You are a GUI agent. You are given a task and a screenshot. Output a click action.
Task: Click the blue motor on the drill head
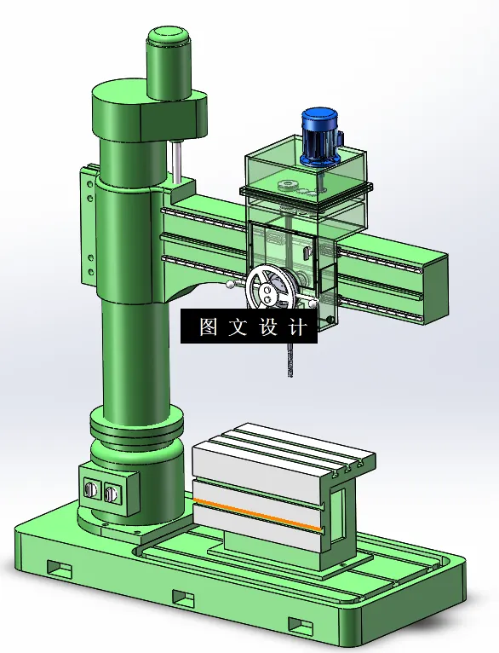click(321, 136)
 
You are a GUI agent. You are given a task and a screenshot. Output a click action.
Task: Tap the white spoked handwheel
click(272, 288)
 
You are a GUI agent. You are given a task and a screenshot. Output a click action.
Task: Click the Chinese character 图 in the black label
click(208, 326)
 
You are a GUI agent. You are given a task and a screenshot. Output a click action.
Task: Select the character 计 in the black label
click(298, 326)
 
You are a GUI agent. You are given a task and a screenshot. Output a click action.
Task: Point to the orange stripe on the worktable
click(257, 514)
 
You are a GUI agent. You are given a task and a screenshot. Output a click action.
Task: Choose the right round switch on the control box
click(111, 493)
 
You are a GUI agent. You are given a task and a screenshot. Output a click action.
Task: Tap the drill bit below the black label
click(291, 360)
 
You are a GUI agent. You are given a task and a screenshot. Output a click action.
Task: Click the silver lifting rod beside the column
click(177, 162)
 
